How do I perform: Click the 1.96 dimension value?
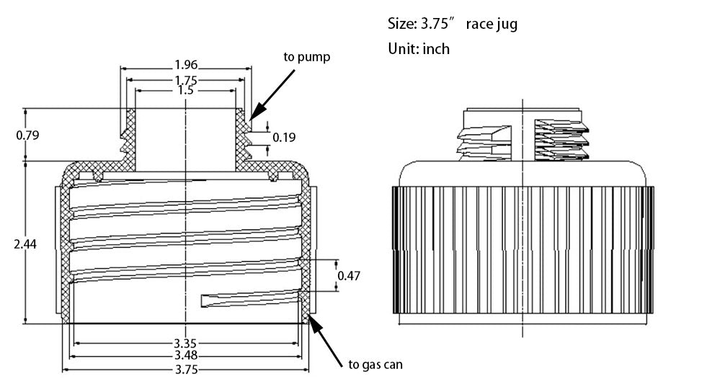pyautogui.click(x=186, y=65)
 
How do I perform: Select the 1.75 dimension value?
pyautogui.click(x=186, y=80)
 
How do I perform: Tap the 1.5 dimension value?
pyautogui.click(x=186, y=91)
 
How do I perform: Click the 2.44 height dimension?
pyautogui.click(x=25, y=244)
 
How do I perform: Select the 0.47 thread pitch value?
pyautogui.click(x=349, y=275)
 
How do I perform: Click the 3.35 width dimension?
pyautogui.click(x=186, y=344)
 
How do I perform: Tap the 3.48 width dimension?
pyautogui.click(x=186, y=356)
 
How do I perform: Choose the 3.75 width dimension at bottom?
pyautogui.click(x=186, y=370)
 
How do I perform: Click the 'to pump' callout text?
pyautogui.click(x=307, y=57)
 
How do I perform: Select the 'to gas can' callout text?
pyautogui.click(x=375, y=365)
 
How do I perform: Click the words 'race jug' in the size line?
pyautogui.click(x=492, y=24)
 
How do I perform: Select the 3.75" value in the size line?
pyautogui.click(x=435, y=24)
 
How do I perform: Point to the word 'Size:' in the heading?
pyautogui.click(x=401, y=24)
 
